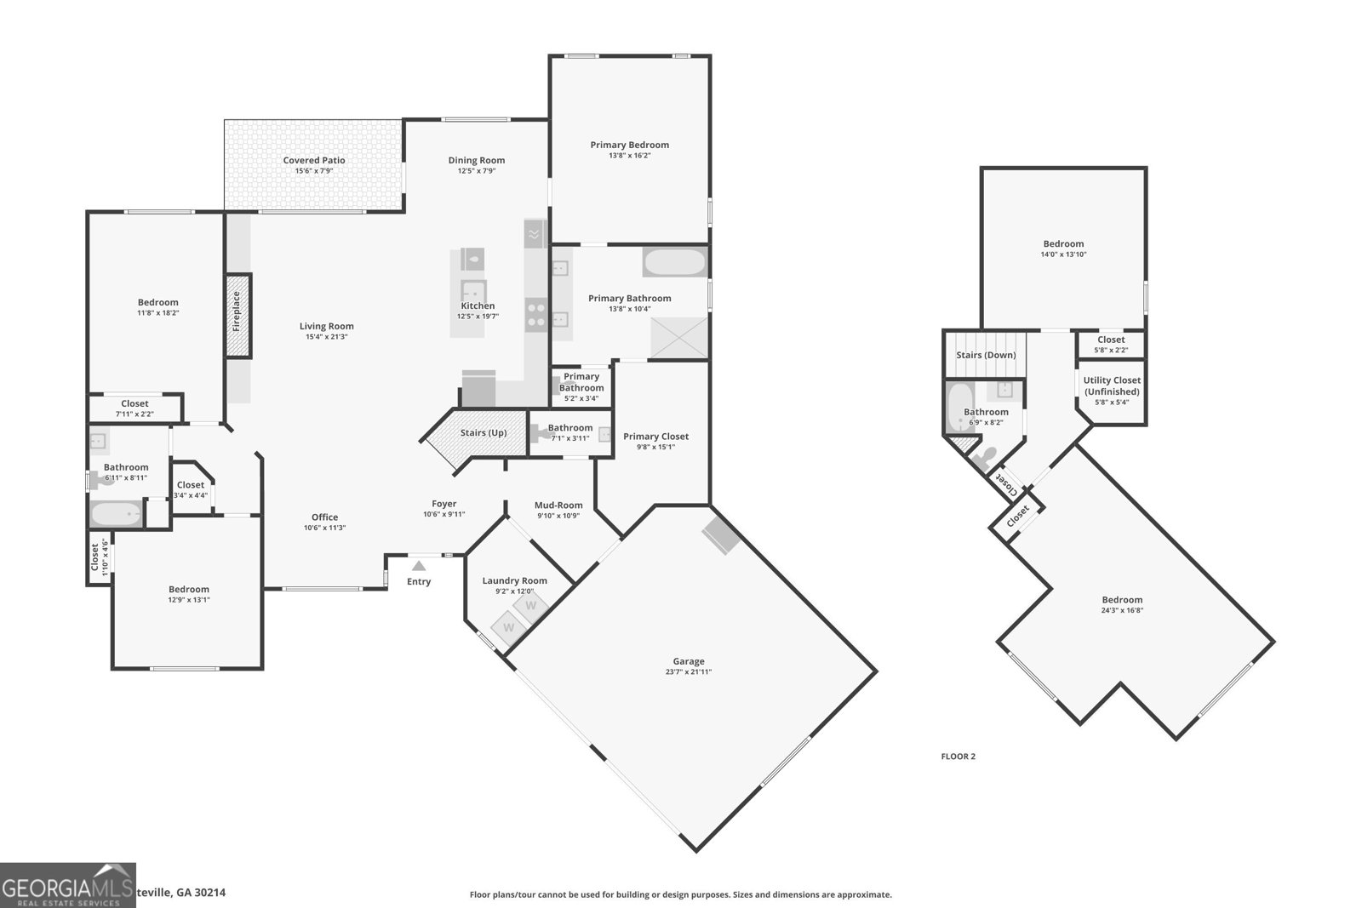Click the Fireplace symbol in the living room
point(238,316)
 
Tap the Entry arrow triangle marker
point(419,565)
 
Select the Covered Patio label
point(314,160)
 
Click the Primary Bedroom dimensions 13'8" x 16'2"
point(629,156)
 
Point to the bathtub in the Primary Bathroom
point(674,262)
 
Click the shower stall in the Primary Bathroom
point(679,338)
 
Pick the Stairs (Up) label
point(484,432)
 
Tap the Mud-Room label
point(558,505)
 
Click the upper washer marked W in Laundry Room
point(530,606)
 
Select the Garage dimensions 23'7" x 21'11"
point(689,672)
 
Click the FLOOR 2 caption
point(958,756)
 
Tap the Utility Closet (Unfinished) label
point(1112,386)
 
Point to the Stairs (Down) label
point(986,355)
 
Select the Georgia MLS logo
point(67,885)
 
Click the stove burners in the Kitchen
point(536,315)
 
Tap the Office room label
point(324,517)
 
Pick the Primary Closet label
point(655,437)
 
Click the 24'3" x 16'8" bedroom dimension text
point(1122,610)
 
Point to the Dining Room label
point(477,160)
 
